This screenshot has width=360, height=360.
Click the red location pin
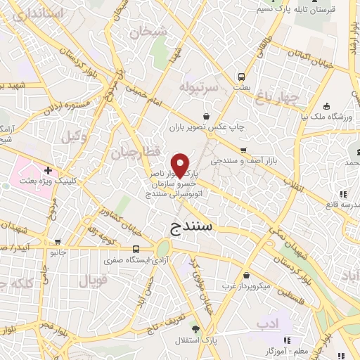[x=180, y=165]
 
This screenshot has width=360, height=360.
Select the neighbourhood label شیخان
[x=154, y=32]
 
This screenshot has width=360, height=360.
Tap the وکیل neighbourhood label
[x=74, y=136]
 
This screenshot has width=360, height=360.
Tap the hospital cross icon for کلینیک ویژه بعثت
[x=48, y=170]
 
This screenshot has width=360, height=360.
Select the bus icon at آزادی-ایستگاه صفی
[x=136, y=248]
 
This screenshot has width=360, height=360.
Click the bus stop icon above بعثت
[x=241, y=76]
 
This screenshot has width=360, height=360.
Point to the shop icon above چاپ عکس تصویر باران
[x=206, y=117]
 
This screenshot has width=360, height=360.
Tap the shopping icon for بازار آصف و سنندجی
[x=243, y=150]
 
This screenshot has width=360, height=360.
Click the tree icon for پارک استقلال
[x=195, y=329]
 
